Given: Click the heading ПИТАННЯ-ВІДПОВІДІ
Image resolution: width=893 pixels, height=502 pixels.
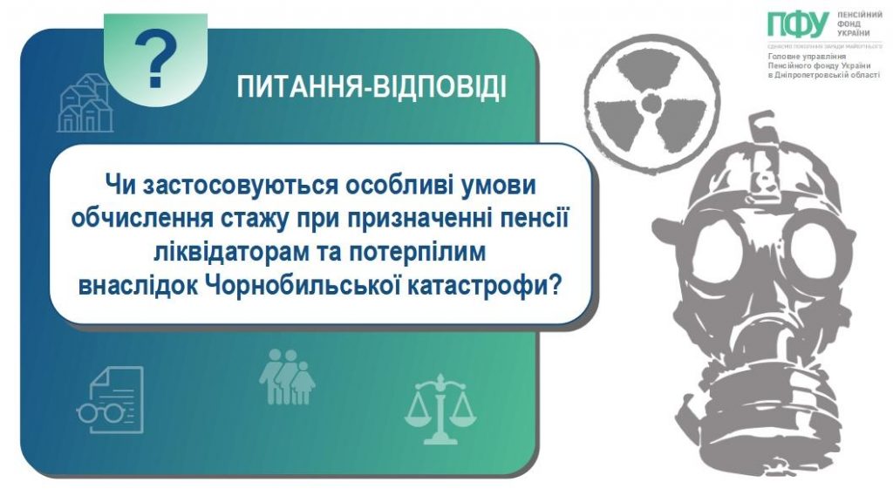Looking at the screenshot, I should coord(372,88).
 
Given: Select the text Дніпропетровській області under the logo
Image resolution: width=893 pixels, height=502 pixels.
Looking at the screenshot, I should coord(824,75).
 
